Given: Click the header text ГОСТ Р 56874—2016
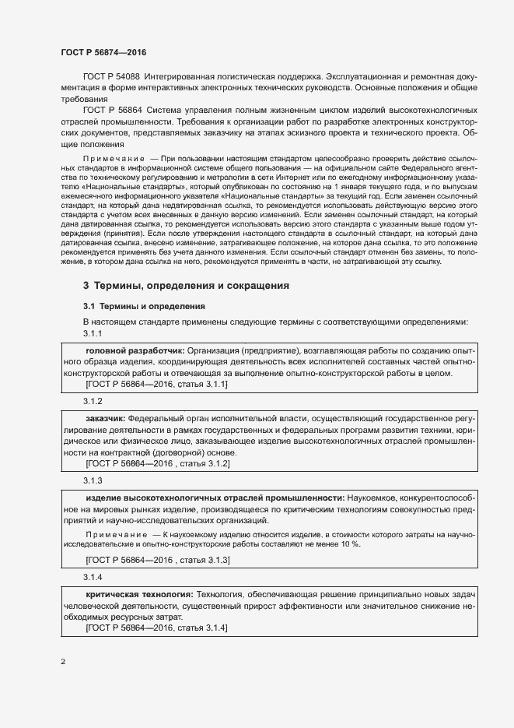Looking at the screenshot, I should (103, 52).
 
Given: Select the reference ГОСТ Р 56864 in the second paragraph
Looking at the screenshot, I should (112, 111).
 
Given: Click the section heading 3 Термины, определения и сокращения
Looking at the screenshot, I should (186, 286).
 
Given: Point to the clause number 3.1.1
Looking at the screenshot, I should (93, 333).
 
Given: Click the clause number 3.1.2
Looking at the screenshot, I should (93, 400).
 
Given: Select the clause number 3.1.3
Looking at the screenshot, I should (93, 480).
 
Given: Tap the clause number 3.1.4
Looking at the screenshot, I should (93, 577).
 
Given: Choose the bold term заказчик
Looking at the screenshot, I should (106, 418).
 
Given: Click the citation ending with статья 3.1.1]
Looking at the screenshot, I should (157, 385).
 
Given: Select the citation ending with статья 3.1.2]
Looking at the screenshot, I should (158, 463).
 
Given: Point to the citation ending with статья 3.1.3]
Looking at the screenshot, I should (158, 560).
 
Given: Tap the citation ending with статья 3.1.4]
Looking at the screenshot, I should (157, 628).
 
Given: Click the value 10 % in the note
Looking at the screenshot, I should (350, 543).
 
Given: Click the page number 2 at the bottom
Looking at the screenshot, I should (63, 663).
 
